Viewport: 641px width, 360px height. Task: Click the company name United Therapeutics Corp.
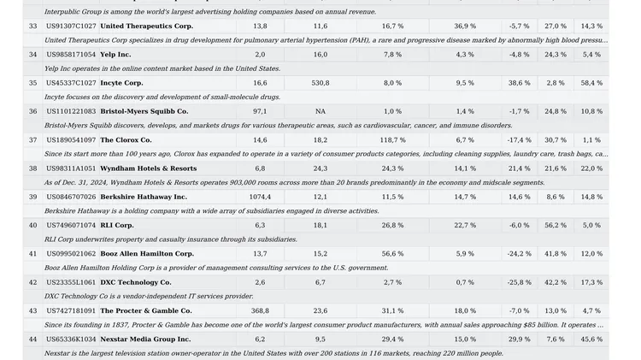coord(147,27)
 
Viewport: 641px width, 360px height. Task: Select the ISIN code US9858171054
coord(71,55)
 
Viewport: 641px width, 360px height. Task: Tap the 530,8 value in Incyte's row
coord(320,83)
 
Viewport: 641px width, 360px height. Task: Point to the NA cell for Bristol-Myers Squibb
coord(320,111)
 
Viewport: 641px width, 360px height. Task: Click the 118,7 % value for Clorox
coord(393,140)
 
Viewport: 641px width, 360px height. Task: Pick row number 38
coord(33,168)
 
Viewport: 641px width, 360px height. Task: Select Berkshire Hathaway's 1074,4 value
coord(260,197)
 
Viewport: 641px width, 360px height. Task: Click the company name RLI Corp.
coord(117,226)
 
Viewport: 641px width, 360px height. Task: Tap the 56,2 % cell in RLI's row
coord(556,226)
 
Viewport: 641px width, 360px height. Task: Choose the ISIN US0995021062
coord(71,254)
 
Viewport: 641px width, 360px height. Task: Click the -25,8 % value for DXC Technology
coord(520,282)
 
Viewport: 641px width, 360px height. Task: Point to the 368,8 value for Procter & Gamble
coord(260,311)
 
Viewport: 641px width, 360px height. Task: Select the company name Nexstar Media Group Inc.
coord(145,339)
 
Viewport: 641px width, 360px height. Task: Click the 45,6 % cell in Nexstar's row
coord(591,339)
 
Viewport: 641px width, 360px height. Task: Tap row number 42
coord(33,282)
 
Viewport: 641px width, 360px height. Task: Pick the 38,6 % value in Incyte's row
coord(520,83)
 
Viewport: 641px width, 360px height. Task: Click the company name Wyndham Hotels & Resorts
coord(149,168)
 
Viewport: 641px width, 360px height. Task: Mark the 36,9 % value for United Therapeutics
coord(465,27)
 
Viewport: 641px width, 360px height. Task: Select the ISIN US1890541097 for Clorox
coord(71,140)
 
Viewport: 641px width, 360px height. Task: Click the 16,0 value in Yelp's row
coord(320,55)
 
